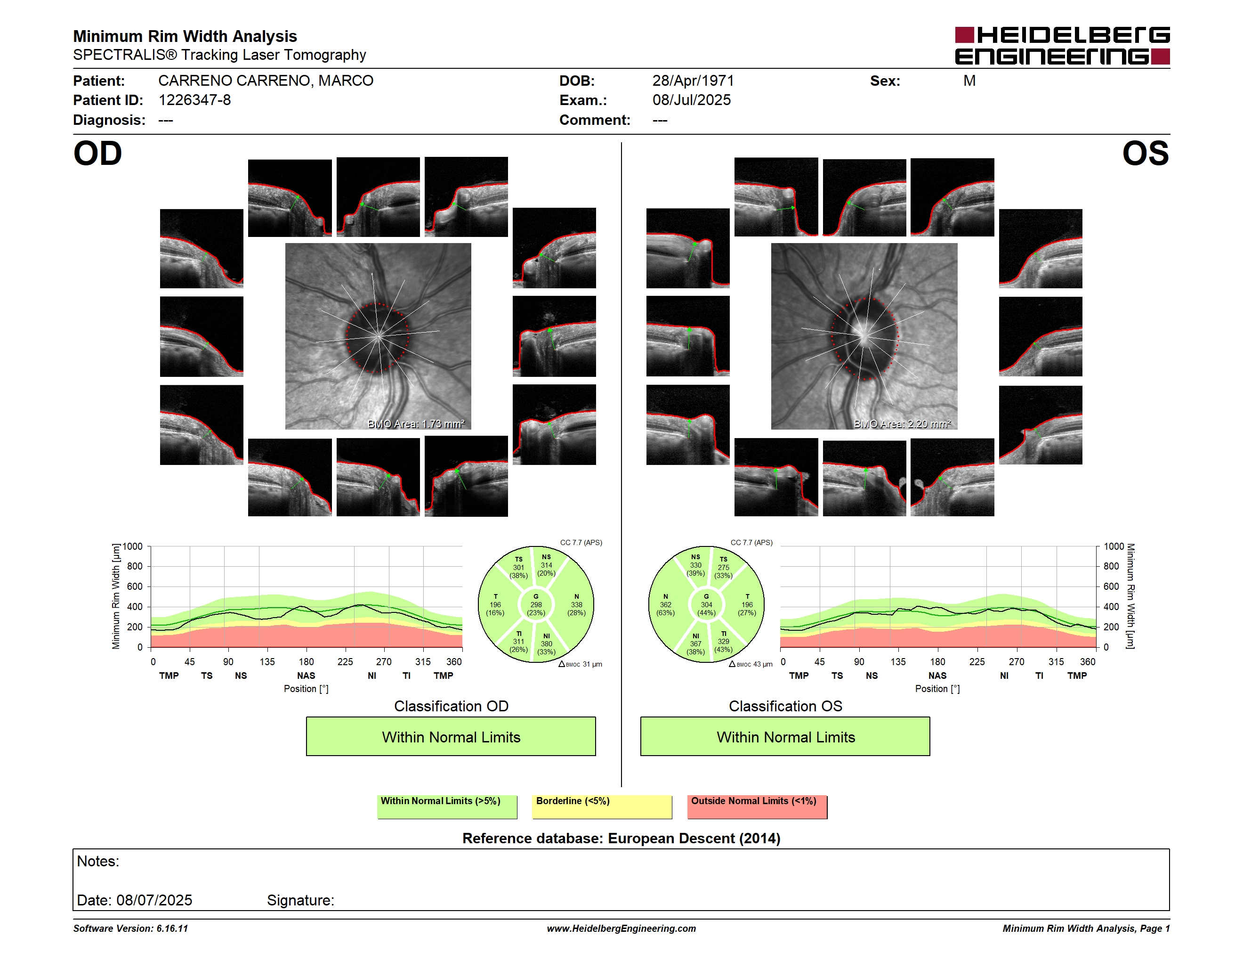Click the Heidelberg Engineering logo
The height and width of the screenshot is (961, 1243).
click(x=1062, y=46)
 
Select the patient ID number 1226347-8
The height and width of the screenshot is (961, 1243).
click(x=194, y=100)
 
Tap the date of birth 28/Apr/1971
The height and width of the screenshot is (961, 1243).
click(x=693, y=81)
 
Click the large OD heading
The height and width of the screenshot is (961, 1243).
click(x=98, y=154)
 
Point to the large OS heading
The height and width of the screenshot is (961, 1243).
click(x=1145, y=154)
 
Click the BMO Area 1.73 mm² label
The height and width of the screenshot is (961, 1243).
click(x=416, y=423)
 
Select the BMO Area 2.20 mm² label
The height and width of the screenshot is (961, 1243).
click(x=902, y=423)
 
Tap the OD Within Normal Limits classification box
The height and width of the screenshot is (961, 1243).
click(x=451, y=736)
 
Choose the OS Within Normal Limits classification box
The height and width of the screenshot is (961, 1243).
click(x=785, y=736)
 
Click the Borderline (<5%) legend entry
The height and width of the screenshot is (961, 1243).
click(x=602, y=806)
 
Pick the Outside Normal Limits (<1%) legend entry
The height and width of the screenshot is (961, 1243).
click(x=757, y=806)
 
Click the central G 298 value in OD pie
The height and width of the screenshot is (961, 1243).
click(x=535, y=604)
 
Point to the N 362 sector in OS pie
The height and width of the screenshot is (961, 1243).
click(x=665, y=604)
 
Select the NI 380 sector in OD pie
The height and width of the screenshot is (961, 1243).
click(x=546, y=644)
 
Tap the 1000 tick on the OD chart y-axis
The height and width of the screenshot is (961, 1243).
click(x=133, y=546)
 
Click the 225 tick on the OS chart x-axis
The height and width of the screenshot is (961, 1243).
click(x=977, y=661)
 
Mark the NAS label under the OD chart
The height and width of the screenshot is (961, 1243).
click(x=306, y=676)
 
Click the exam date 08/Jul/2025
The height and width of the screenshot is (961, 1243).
click(x=692, y=100)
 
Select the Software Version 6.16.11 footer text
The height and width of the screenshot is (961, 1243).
click(x=130, y=928)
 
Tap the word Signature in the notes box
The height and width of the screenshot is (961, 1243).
click(x=300, y=900)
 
